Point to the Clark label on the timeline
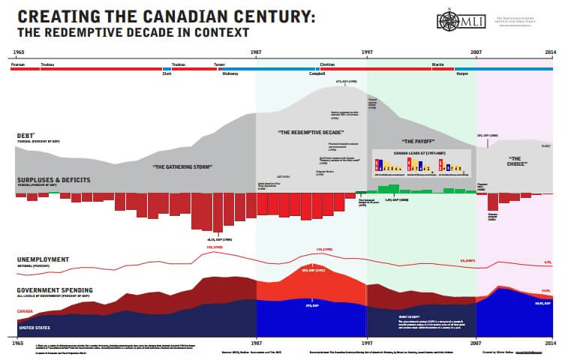[x=167, y=74]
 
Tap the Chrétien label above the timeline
[x=327, y=65]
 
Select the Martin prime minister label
[x=437, y=65]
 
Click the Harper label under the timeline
[x=462, y=74]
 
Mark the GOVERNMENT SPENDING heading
[x=55, y=289]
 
